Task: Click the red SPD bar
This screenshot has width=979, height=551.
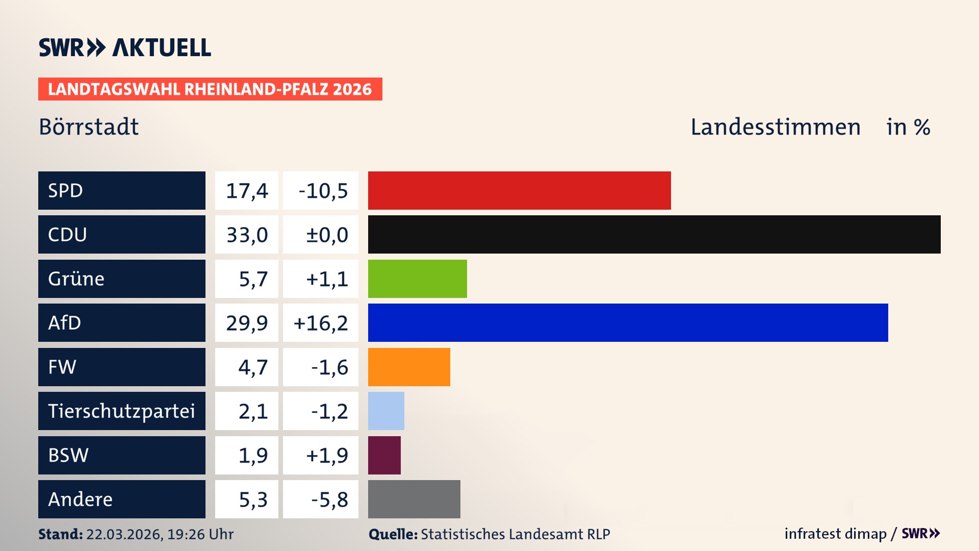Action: point(519,190)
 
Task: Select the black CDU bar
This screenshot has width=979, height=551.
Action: point(654,235)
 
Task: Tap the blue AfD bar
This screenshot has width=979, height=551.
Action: point(628,322)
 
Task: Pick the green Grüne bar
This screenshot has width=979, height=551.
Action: point(417,279)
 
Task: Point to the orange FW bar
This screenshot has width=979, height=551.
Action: point(409,367)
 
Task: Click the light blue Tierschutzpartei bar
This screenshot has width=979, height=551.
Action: point(386,411)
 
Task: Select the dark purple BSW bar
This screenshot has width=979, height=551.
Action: point(384,455)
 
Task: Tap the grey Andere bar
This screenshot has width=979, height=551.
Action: point(414,499)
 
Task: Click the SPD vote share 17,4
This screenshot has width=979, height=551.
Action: point(247,191)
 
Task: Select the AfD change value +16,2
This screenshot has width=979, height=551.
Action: point(321,323)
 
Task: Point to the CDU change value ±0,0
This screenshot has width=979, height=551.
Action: point(326,235)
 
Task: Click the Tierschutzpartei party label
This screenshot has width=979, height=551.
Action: point(121,411)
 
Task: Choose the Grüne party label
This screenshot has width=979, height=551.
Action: point(76,279)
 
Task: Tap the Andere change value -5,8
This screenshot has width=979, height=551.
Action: point(329,499)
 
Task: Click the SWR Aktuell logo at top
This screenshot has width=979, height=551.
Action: point(125,47)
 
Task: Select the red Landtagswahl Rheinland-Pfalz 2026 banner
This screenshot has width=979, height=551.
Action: point(210,89)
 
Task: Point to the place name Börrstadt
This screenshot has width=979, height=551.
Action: point(89,127)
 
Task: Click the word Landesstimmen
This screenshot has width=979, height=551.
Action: point(775,127)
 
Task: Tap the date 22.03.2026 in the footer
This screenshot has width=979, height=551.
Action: point(124,534)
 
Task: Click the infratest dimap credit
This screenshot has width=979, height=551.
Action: point(835,534)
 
